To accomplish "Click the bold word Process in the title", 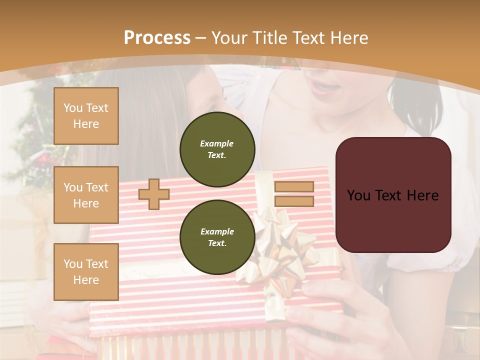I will click(157, 37).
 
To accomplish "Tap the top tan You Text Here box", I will click(86, 116).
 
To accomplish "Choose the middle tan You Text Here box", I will click(86, 195).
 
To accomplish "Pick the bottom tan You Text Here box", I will click(86, 271).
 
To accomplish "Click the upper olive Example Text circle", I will click(217, 149).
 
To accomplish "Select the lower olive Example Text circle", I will click(217, 237).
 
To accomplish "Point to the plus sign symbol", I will click(154, 194).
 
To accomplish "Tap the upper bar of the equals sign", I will click(294, 187).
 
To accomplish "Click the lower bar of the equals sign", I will click(294, 201).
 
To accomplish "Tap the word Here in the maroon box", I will click(422, 195).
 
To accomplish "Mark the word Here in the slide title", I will click(349, 38).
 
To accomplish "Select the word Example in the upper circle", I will click(217, 143).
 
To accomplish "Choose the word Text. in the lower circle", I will click(217, 243).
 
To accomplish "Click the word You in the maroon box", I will click(358, 195).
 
